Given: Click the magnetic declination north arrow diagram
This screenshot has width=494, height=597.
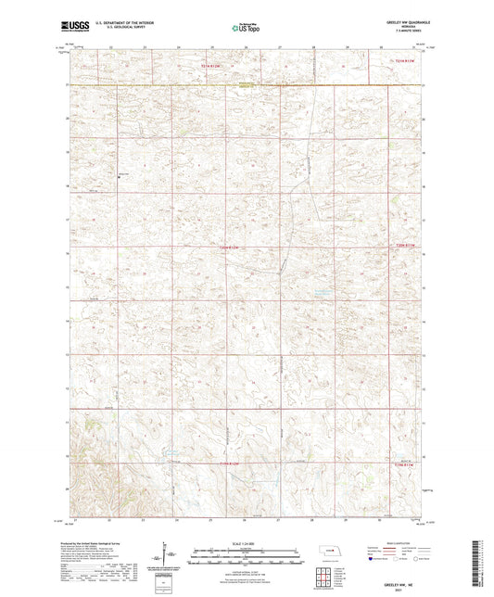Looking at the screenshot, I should [x=171, y=554].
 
